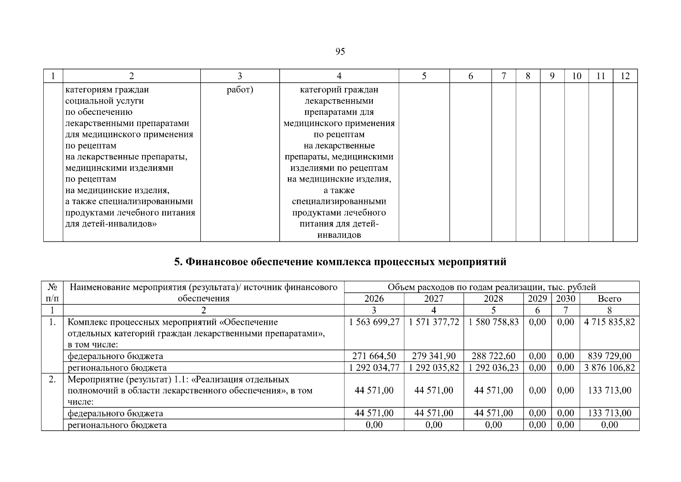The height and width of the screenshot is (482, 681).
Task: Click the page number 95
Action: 339,52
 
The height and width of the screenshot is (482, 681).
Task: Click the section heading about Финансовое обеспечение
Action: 340,262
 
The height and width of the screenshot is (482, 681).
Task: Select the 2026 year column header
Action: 374,299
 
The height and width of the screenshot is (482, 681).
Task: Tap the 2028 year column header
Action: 493,299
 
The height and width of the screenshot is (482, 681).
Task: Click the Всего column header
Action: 609,299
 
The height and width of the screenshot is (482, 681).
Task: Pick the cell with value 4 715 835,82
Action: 609,322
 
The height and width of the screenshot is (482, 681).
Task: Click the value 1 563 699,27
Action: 374,322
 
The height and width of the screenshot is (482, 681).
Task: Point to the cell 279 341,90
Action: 433,356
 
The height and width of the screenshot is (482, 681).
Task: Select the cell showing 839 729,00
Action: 609,356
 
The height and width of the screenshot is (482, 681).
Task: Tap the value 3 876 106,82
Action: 609,368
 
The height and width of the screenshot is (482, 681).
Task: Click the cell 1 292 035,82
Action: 433,368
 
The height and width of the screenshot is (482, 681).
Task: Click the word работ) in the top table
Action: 240,90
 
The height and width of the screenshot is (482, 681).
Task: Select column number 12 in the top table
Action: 625,76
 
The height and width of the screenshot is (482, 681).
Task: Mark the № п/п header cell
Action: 52,293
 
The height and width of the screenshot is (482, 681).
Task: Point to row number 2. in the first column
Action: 52,380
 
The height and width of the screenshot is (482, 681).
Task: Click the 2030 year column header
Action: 565,299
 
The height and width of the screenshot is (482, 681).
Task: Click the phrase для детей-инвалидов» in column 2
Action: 111,224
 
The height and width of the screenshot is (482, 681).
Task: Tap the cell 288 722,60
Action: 493,356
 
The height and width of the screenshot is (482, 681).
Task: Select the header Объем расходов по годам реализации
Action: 491,287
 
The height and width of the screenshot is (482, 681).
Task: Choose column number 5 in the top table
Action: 424,76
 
